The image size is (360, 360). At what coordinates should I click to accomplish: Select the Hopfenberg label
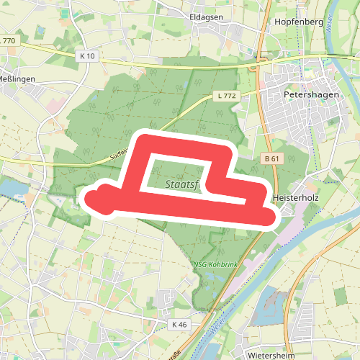click(299, 22)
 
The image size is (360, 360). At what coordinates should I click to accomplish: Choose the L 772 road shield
click(226, 95)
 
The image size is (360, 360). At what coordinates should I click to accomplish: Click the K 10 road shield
click(88, 55)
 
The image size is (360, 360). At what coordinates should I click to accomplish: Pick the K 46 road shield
click(180, 325)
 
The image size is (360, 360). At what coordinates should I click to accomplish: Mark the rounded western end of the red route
click(96, 199)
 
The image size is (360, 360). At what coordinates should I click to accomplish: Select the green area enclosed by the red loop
click(173, 175)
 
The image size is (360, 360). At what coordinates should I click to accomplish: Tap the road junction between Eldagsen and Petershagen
click(253, 67)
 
